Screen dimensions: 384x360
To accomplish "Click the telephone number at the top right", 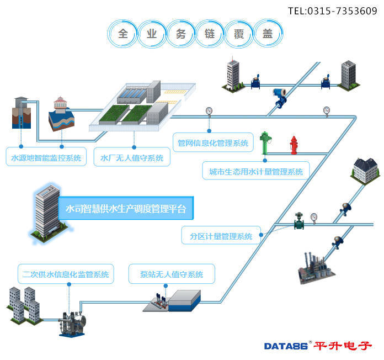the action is click(332, 11).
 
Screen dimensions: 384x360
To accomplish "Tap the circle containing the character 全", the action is click(122, 34).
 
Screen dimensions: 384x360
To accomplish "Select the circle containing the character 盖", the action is click(268, 33).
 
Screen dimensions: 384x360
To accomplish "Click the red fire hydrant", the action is click(294, 145).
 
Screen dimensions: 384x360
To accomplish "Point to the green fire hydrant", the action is click(265, 143).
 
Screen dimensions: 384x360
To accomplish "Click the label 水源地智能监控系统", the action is click(46, 157).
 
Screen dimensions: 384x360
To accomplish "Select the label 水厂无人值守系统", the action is click(132, 157).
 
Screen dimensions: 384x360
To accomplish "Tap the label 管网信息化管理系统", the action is click(213, 142).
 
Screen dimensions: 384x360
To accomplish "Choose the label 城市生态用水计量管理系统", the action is click(256, 171).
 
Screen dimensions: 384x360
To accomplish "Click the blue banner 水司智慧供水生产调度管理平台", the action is click(126, 208).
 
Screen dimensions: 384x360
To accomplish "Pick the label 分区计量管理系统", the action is click(221, 235).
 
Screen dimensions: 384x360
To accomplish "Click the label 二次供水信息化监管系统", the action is click(66, 274).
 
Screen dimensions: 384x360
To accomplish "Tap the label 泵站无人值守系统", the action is click(172, 274).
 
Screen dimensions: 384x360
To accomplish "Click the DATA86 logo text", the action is click(286, 346).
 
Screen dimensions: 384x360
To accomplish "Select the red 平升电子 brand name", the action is click(343, 346).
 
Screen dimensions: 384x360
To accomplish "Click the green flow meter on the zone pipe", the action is click(299, 220).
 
